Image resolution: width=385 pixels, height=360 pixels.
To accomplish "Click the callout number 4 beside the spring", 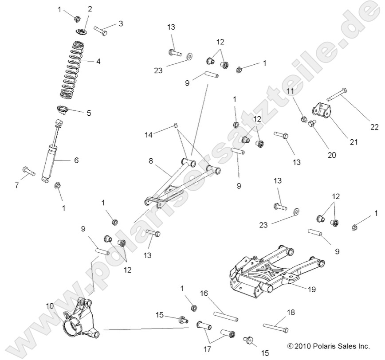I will [98, 62].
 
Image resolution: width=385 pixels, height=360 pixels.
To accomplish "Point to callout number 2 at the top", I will [90, 9].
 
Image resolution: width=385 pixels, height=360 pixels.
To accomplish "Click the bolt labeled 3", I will [101, 31].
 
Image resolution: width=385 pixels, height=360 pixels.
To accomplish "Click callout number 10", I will [49, 306].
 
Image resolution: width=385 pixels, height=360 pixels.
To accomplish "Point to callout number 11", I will [290, 91].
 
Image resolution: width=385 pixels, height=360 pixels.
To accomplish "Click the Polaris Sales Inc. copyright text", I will [328, 345].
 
